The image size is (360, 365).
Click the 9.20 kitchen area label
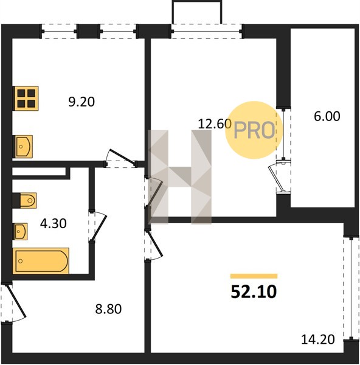(x=81, y=102)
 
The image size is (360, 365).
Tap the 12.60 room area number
(x=215, y=123)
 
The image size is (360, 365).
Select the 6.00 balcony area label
(x=327, y=116)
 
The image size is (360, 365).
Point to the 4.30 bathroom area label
(x=54, y=223)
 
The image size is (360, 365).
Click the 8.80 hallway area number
(x=108, y=309)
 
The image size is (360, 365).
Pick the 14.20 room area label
(x=318, y=339)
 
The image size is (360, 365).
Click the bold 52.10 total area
(x=254, y=292)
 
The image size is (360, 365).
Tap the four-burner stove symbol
(x=25, y=98)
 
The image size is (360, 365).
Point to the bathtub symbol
(x=41, y=261)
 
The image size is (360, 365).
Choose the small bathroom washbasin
(x=20, y=231)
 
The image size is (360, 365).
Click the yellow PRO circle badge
(x=254, y=130)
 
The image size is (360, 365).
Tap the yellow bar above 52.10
(x=254, y=276)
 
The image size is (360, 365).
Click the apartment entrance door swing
(x=16, y=301)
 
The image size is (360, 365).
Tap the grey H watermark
(x=179, y=177)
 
